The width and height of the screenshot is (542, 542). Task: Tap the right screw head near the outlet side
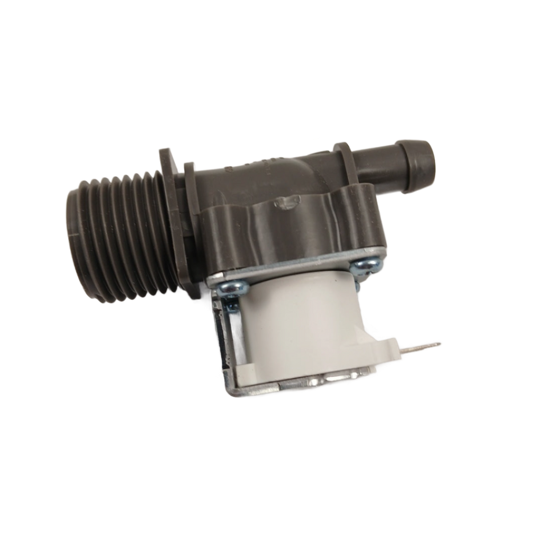(x=366, y=263)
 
